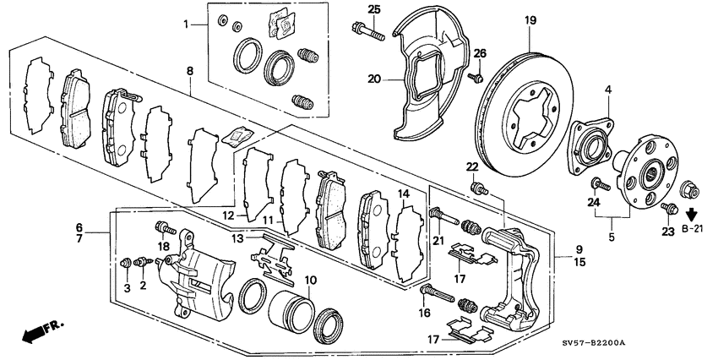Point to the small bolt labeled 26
(x=475, y=79)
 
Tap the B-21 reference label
(x=694, y=228)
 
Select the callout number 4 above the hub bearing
(x=606, y=90)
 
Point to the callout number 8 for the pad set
(x=190, y=73)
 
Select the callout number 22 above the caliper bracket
(x=471, y=166)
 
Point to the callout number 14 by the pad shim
(x=404, y=194)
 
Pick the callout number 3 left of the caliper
(x=128, y=288)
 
